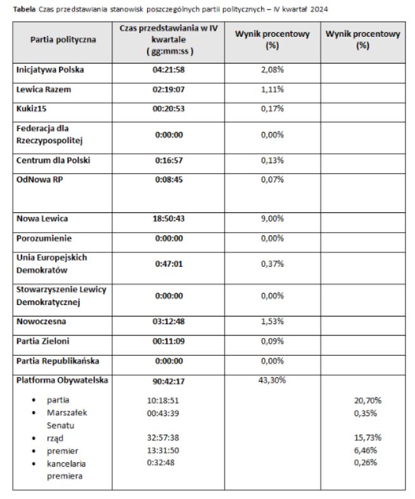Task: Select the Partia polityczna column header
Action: click(x=63, y=39)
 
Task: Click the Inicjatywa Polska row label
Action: click(x=50, y=70)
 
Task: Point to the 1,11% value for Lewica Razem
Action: click(x=272, y=89)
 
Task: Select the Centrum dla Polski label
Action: click(x=53, y=160)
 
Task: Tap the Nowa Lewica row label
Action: click(x=42, y=219)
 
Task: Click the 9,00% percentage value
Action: click(x=272, y=219)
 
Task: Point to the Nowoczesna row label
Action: click(x=41, y=321)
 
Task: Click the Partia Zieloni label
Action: click(x=43, y=341)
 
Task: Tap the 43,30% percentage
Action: click(x=272, y=380)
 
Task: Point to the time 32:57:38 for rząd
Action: click(x=163, y=438)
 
